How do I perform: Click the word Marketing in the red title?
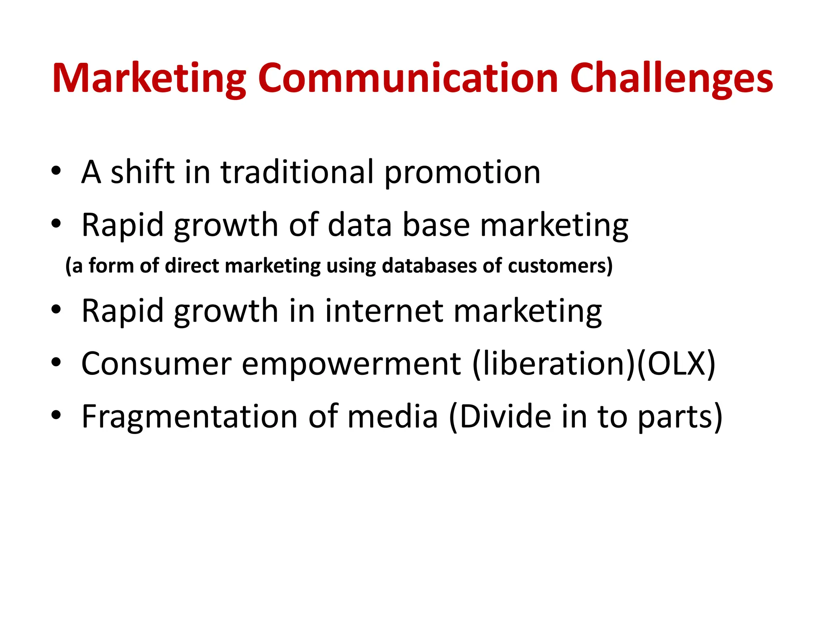coord(149,79)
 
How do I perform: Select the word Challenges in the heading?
coord(671,79)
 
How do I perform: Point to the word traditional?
coord(297,172)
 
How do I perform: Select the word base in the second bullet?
coord(436,225)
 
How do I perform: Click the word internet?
coord(384,310)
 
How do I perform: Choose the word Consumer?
coord(156,363)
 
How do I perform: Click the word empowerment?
coord(351,364)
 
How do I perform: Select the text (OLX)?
coord(676,364)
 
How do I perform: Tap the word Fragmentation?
coord(190,417)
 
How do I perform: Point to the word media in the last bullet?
coord(392,416)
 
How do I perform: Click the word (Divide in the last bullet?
coord(500,416)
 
